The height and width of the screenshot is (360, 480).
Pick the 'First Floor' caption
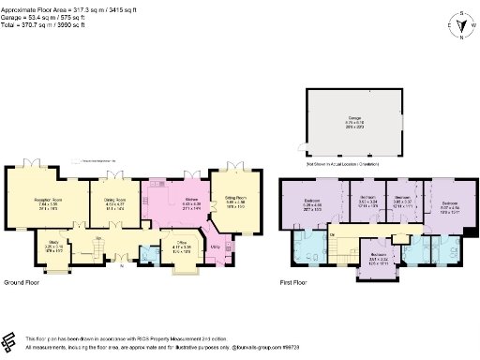pos(297,281)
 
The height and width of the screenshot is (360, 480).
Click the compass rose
pos(458,25)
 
